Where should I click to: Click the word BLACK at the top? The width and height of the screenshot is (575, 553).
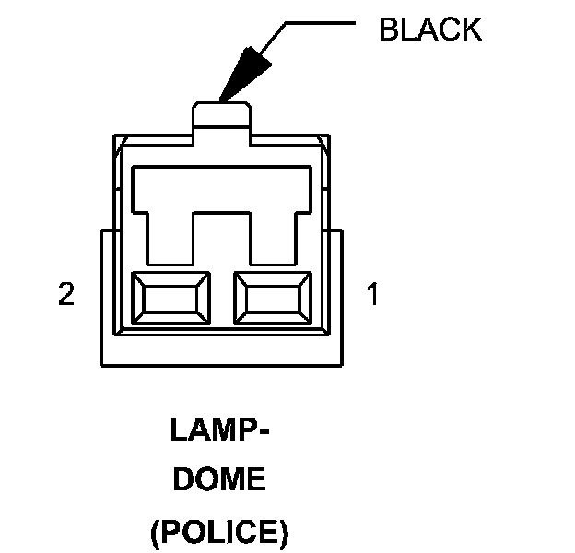[x=430, y=29]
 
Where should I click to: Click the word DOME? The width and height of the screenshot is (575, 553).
[x=219, y=480]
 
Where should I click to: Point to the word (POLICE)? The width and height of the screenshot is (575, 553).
[x=219, y=531]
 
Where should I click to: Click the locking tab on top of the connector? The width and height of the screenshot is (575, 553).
[x=221, y=117]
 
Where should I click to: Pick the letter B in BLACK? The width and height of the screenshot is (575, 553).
[x=388, y=29]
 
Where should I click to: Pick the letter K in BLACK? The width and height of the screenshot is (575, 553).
[x=472, y=29]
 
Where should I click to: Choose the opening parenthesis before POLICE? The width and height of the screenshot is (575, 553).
[x=155, y=532]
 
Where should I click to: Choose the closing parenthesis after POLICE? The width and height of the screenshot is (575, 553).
[x=285, y=532]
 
